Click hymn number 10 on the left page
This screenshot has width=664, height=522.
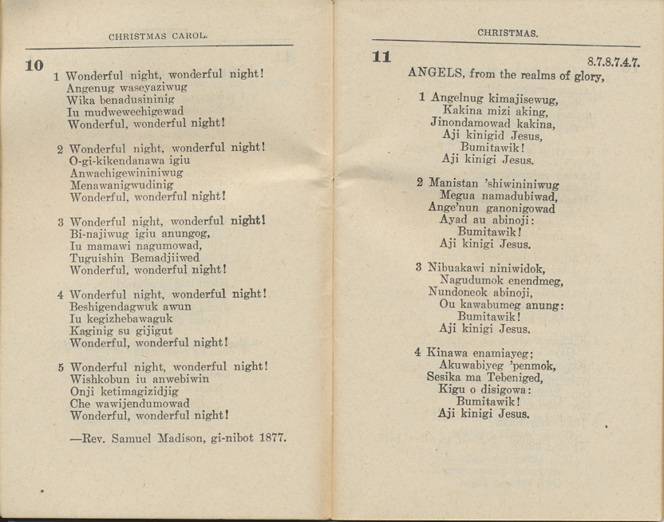click(33, 65)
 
